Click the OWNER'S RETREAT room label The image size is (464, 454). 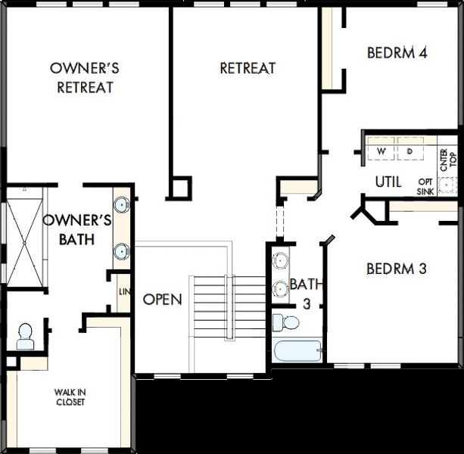pyautogui.click(x=85, y=77)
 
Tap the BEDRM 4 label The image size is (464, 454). pyautogui.click(x=397, y=53)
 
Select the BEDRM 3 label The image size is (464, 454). pyautogui.click(x=397, y=268)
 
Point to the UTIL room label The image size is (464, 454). pyautogui.click(x=388, y=182)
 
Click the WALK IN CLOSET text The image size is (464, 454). pyautogui.click(x=69, y=396)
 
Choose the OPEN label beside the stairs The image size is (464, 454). pyautogui.click(x=162, y=300)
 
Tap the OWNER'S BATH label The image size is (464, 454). pyautogui.click(x=77, y=230)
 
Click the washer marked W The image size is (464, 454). pyautogui.click(x=381, y=151)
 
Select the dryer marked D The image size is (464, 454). pyautogui.click(x=410, y=151)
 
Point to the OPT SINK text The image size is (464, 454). pyautogui.click(x=425, y=187)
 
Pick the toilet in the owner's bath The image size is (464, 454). pyautogui.click(x=25, y=335)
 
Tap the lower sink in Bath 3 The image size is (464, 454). pyautogui.click(x=281, y=288)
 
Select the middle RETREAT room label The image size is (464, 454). pyautogui.click(x=248, y=68)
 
